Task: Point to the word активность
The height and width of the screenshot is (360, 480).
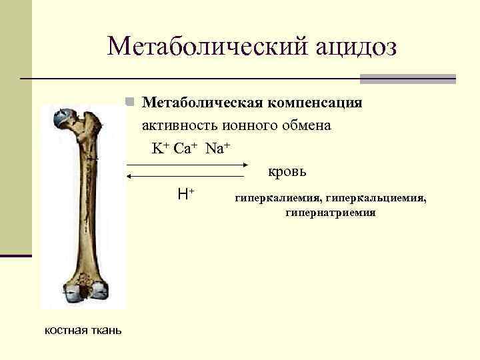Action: tap(177, 125)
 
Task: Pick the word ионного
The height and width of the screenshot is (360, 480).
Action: tap(249, 125)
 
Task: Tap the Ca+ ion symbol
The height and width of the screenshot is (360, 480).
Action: tap(185, 148)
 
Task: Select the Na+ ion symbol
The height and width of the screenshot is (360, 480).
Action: tap(217, 148)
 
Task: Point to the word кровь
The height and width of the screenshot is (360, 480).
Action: tap(287, 171)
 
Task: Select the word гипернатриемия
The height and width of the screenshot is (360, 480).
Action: tap(330, 213)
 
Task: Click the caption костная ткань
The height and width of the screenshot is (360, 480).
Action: tap(83, 329)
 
